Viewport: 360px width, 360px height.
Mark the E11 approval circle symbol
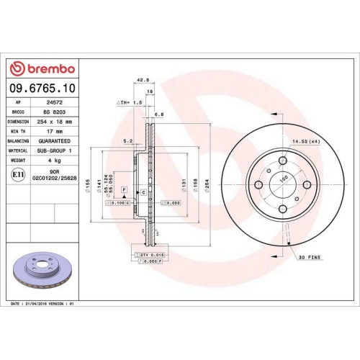17,174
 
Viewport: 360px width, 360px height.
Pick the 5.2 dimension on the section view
127,141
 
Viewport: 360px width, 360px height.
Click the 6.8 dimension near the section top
159,113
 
